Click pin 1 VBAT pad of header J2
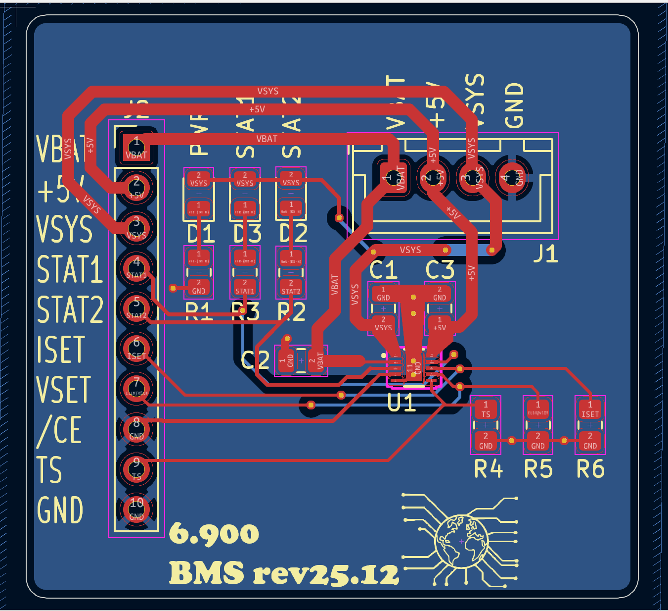(136, 148)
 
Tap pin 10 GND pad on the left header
(136, 509)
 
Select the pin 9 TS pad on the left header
(136, 467)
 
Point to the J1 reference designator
(545, 254)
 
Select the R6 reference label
(590, 468)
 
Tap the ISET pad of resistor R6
(590, 409)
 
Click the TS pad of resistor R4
(486, 409)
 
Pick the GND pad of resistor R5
(538, 441)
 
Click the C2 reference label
(255, 360)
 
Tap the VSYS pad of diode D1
(199, 179)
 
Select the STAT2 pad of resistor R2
(291, 287)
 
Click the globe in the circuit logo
(461, 541)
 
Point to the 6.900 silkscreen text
(214, 534)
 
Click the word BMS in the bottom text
(207, 573)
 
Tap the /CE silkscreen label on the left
(59, 430)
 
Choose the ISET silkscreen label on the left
(61, 350)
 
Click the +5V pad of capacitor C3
(440, 324)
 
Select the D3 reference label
(247, 234)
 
